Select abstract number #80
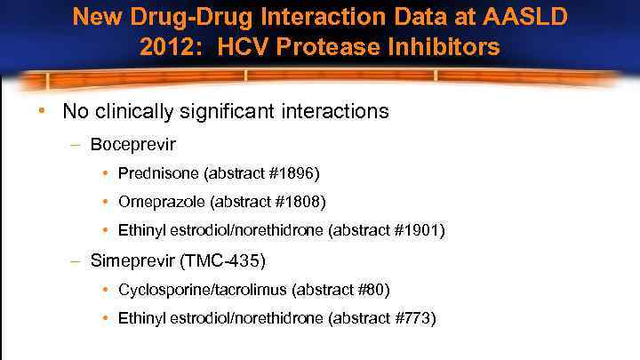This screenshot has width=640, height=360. coord(370,290)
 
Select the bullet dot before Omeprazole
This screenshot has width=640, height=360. coord(107,201)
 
